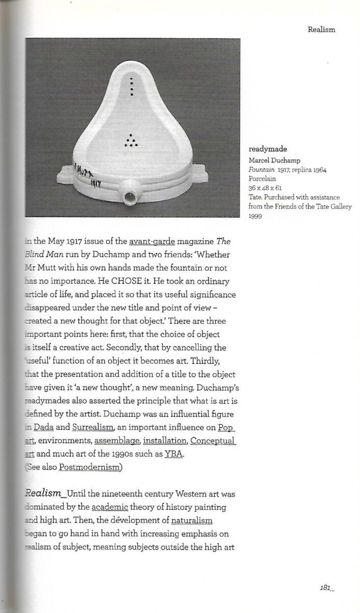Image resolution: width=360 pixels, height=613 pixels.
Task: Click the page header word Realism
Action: [x=321, y=30]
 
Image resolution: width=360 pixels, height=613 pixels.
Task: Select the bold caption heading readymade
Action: [x=268, y=150]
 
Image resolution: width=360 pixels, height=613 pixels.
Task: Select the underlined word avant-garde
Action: [x=152, y=241]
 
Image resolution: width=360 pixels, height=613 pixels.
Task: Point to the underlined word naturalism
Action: [x=191, y=521]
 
